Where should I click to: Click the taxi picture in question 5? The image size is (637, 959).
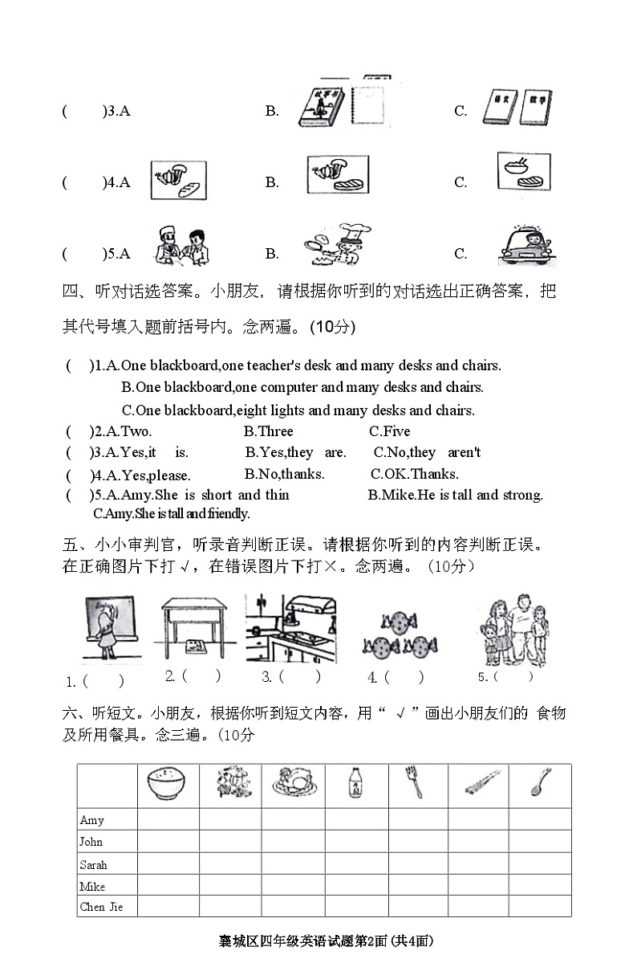coord(527,245)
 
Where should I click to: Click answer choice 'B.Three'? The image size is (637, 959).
coord(269,431)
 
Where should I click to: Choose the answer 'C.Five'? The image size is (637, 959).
coord(389,431)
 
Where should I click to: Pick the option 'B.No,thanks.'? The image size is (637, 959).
coord(285,474)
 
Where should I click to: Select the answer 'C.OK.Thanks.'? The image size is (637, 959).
coord(415,474)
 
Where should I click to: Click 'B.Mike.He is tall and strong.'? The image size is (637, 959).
coord(455,495)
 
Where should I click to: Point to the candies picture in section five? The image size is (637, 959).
coord(399,633)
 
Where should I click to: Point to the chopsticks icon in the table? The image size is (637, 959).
coord(478,783)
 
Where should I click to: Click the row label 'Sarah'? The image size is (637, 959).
coord(93,865)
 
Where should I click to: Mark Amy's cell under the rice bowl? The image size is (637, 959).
coord(168,820)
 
